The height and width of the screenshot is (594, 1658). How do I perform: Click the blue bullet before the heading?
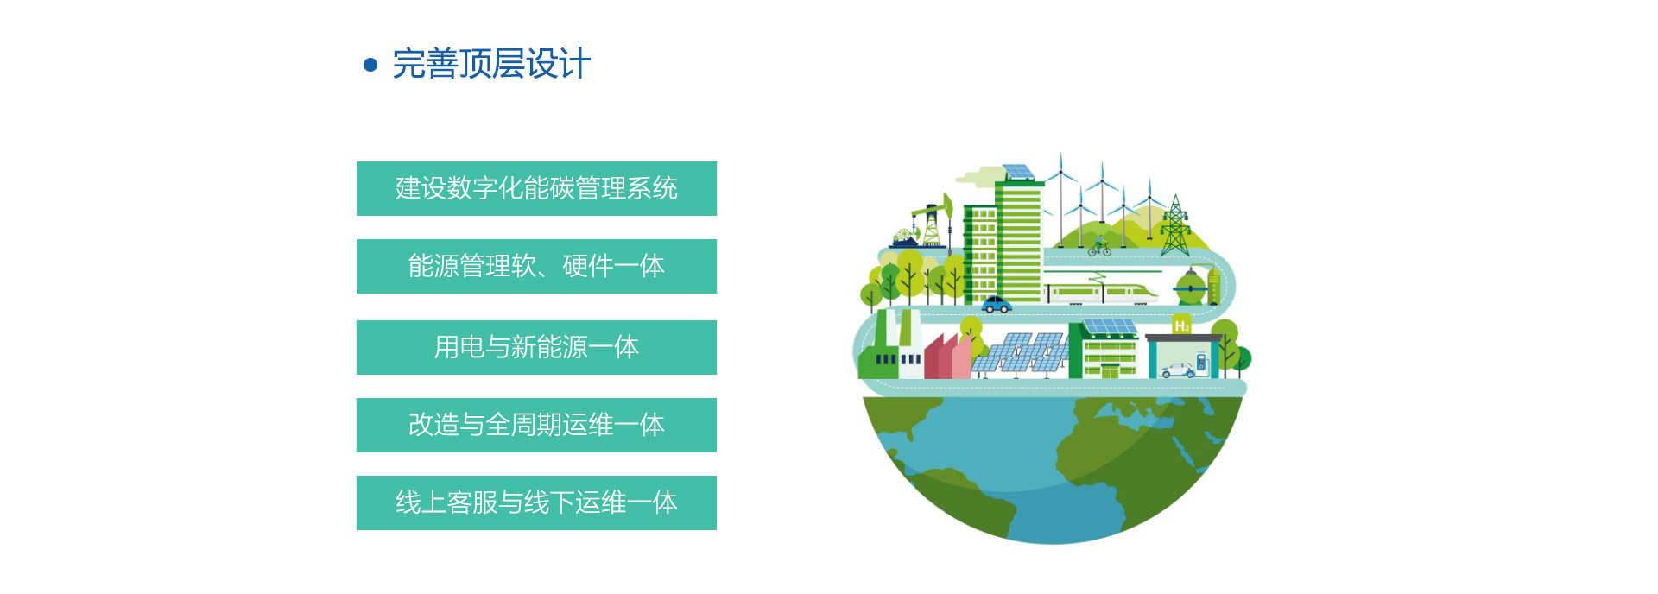(x=370, y=65)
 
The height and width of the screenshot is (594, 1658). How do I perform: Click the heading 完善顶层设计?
(x=491, y=64)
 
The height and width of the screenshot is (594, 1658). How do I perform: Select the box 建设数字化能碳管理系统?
(x=536, y=188)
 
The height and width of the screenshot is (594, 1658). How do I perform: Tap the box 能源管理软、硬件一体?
(x=536, y=266)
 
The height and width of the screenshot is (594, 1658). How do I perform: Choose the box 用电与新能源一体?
(x=536, y=347)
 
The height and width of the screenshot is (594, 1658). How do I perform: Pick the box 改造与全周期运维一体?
(x=536, y=425)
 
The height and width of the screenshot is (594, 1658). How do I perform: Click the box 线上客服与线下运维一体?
(x=536, y=502)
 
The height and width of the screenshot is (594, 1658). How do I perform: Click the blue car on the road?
(x=997, y=305)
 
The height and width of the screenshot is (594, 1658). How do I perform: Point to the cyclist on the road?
(x=1099, y=248)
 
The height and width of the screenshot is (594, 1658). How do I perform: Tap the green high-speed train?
(x=1100, y=291)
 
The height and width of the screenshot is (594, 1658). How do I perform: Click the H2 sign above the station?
(x=1181, y=325)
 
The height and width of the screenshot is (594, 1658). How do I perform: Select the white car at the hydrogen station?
(x=1177, y=370)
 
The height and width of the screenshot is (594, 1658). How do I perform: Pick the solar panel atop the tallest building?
(x=1018, y=172)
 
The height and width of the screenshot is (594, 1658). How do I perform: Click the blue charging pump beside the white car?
(x=1200, y=362)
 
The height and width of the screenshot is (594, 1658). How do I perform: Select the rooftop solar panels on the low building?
(x=1109, y=326)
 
